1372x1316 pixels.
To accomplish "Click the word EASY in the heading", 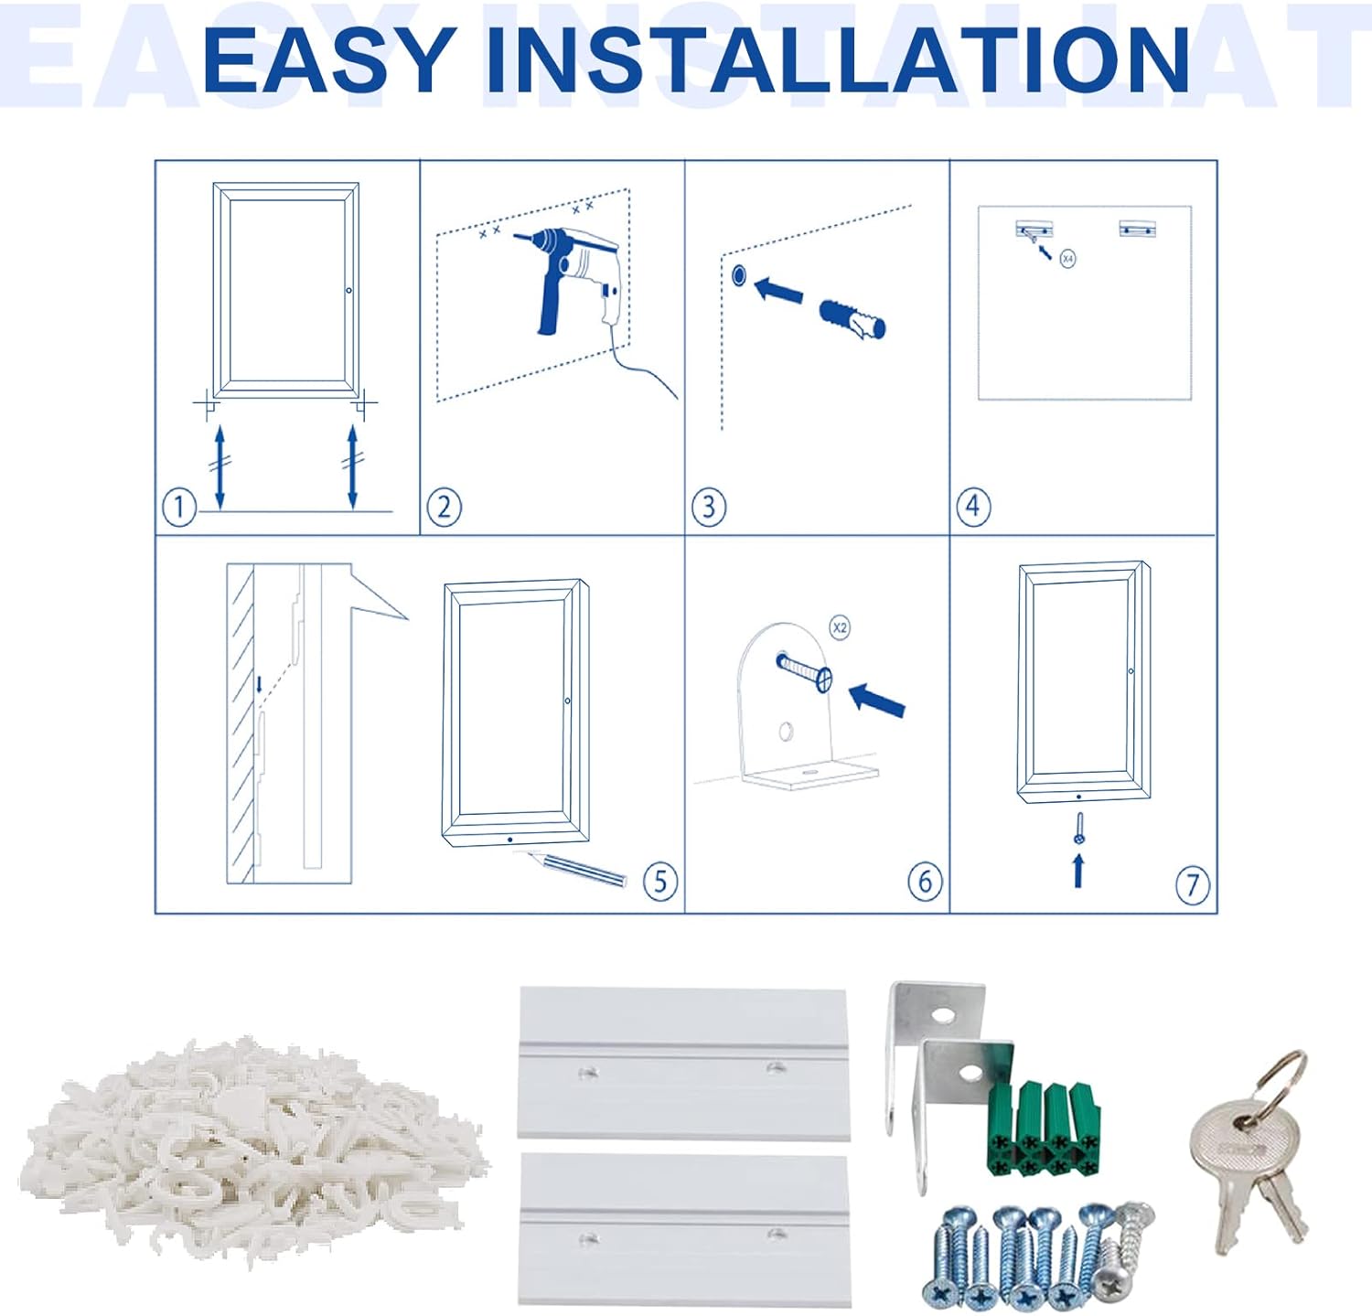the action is pyautogui.click(x=329, y=60).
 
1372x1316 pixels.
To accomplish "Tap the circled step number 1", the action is pyautogui.click(x=179, y=507).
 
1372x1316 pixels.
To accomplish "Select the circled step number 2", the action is pyautogui.click(x=445, y=507).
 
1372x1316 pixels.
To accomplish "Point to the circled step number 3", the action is pyautogui.click(x=709, y=507).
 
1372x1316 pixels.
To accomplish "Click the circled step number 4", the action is pyautogui.click(x=973, y=506).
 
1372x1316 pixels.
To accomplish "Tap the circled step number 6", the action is pyautogui.click(x=925, y=881).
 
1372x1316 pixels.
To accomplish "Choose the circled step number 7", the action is pyautogui.click(x=1193, y=885).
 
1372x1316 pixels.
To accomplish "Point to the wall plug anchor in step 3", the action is pyautogui.click(x=852, y=318).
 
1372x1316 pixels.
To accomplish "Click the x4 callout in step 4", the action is pyautogui.click(x=1067, y=259).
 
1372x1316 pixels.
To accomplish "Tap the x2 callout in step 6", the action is pyautogui.click(x=840, y=627).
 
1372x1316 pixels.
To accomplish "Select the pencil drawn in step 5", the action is pyautogui.click(x=571, y=868).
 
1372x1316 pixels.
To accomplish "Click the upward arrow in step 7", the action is pyautogui.click(x=1079, y=870).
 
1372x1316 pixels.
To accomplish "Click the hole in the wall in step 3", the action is pyautogui.click(x=739, y=275).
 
